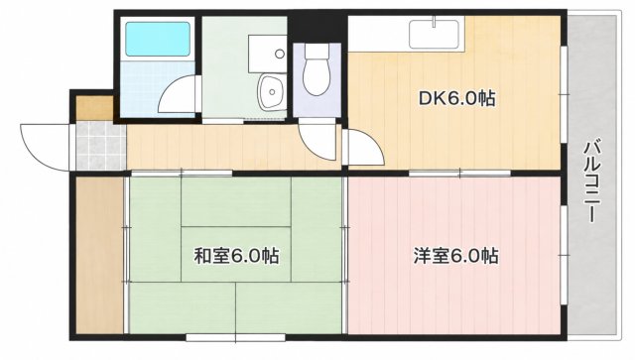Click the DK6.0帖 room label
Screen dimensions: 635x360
(456, 98)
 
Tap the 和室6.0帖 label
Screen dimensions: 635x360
(237, 256)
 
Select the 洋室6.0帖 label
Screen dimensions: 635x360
(456, 256)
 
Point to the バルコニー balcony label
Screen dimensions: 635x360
(591, 181)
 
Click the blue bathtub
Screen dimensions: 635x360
(158, 39)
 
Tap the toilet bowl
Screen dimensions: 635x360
(317, 69)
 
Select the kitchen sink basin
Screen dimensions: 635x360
(434, 35)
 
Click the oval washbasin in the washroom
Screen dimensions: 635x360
(270, 92)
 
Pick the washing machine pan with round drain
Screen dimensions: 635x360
(267, 54)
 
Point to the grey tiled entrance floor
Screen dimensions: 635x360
(101, 146)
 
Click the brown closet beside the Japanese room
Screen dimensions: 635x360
(99, 255)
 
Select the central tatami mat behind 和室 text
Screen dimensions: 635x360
(236, 254)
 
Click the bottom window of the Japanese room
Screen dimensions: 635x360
(236, 337)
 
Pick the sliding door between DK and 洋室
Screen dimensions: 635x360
(459, 174)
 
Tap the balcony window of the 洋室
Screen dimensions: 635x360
(564, 255)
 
